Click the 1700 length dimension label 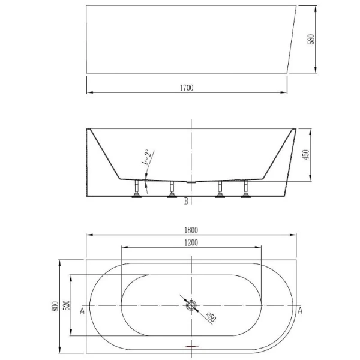(x=186, y=88)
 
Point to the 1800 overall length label (x=191, y=229)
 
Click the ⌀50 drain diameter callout (x=211, y=316)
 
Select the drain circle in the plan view (x=192, y=306)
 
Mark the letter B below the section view (x=186, y=202)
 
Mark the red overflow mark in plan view (x=191, y=347)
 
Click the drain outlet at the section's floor (x=191, y=180)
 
